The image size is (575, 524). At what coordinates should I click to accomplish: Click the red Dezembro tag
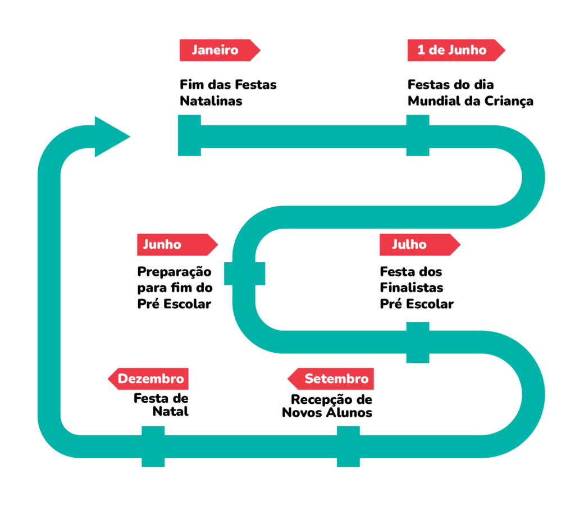pyautogui.click(x=149, y=379)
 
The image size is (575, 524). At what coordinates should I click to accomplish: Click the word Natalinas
pyautogui.click(x=211, y=101)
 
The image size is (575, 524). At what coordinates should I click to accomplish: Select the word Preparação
pyautogui.click(x=175, y=272)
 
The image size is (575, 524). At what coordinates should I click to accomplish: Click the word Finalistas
pyautogui.click(x=412, y=288)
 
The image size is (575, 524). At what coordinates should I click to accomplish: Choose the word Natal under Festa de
pyautogui.click(x=171, y=412)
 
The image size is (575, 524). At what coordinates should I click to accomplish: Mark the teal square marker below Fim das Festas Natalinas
pyautogui.click(x=189, y=135)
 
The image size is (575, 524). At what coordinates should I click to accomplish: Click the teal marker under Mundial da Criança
pyautogui.click(x=418, y=135)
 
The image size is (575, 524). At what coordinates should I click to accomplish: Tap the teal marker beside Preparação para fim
pyautogui.click(x=244, y=274)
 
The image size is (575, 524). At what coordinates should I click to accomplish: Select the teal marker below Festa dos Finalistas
pyautogui.click(x=418, y=342)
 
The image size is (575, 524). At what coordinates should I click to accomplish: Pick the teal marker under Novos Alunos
pyautogui.click(x=349, y=446)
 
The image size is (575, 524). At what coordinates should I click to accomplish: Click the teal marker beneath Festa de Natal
pyautogui.click(x=153, y=446)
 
